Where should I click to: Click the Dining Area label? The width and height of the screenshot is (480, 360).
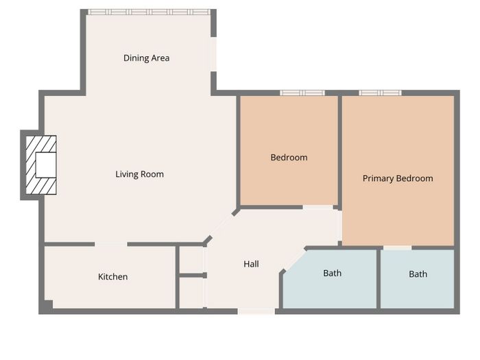[146, 58]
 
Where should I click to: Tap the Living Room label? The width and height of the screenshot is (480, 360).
[140, 174]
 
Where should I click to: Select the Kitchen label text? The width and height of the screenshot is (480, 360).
[113, 277]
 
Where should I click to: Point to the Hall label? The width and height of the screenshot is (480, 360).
[252, 264]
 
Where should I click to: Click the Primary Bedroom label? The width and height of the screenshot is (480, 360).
[398, 178]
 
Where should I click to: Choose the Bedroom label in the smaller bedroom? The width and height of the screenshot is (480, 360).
[289, 157]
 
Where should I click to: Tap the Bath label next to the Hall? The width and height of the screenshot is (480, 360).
[333, 273]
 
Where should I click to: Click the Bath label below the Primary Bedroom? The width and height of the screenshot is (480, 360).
[418, 274]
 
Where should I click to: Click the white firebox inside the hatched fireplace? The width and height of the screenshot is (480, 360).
[46, 165]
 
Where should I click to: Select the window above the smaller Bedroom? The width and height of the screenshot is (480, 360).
[302, 93]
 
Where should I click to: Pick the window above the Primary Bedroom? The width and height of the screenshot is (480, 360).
[380, 93]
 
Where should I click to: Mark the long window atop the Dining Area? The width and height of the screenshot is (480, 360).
[149, 12]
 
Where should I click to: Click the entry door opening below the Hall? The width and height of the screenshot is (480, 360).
[256, 311]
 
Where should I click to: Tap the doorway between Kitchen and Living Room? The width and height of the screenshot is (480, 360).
[111, 244]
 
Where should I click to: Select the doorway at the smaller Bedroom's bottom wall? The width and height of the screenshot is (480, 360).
[317, 207]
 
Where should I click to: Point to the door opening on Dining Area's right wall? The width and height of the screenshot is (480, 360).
[214, 54]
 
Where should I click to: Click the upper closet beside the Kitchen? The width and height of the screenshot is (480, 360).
[191, 260]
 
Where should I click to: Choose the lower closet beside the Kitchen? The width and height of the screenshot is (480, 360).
[191, 293]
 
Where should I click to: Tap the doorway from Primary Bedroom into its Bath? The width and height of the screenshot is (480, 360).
[397, 248]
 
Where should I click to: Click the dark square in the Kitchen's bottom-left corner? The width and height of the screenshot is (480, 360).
[47, 305]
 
